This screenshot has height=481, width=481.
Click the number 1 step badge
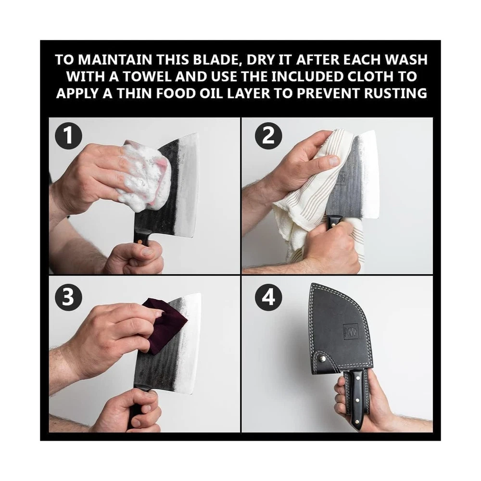coord(68,136)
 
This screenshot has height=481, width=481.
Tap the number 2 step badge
coord(268,136)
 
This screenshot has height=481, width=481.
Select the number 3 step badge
coord(68,298)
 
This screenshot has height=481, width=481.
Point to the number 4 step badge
coord(268,298)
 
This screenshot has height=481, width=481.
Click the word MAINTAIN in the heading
coord(115,60)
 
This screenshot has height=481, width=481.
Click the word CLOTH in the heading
coord(370,76)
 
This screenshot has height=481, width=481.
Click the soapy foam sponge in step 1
coord(144,178)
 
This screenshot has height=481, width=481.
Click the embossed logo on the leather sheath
coord(351,331)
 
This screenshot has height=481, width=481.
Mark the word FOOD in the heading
coord(175,93)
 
